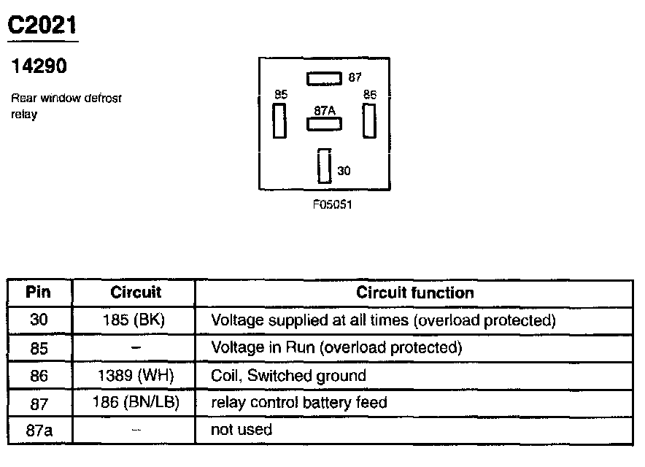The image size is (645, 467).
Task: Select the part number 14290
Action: (39, 66)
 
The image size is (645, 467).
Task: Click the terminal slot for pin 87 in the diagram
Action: (324, 77)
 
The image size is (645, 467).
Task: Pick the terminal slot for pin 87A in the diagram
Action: (324, 123)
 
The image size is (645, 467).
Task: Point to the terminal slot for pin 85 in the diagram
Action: (279, 120)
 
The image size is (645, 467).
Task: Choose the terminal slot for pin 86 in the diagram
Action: (368, 120)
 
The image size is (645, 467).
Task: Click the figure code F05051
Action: (332, 205)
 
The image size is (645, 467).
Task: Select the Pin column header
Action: (38, 293)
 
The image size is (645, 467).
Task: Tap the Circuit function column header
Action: (414, 293)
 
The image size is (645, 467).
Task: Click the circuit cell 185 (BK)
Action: (136, 320)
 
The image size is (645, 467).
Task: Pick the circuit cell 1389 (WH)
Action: (136, 375)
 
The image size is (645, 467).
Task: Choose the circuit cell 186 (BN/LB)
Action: (136, 402)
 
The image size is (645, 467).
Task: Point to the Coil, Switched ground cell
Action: (288, 375)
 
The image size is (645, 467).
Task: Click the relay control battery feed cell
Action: (298, 402)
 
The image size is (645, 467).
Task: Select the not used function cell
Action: (241, 430)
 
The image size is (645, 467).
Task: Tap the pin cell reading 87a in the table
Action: (39, 430)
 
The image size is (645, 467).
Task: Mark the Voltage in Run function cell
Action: (336, 347)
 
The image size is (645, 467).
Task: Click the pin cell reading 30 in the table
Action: (39, 320)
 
